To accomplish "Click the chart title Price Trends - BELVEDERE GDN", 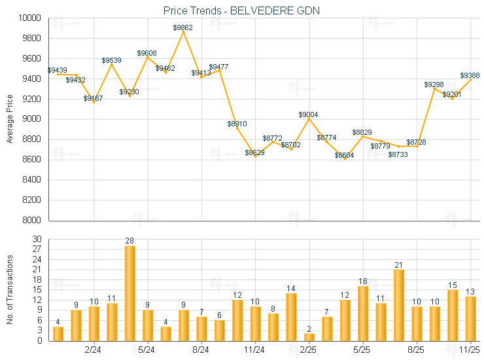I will click(241, 10).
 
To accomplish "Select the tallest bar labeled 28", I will click(130, 293).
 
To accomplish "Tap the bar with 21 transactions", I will click(399, 304).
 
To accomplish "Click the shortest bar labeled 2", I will click(309, 336).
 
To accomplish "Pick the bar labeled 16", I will click(363, 313).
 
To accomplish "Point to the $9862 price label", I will click(183, 27).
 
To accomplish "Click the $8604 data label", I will click(345, 155).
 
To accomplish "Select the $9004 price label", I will click(309, 115).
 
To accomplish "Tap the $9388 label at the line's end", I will click(471, 75).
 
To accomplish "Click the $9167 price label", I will click(93, 98).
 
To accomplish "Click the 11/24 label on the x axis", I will click(255, 350).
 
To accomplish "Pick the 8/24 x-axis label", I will click(201, 350).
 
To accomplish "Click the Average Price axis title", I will click(10, 119).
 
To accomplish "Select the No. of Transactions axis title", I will click(10, 290).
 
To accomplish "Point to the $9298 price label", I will click(434, 84).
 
